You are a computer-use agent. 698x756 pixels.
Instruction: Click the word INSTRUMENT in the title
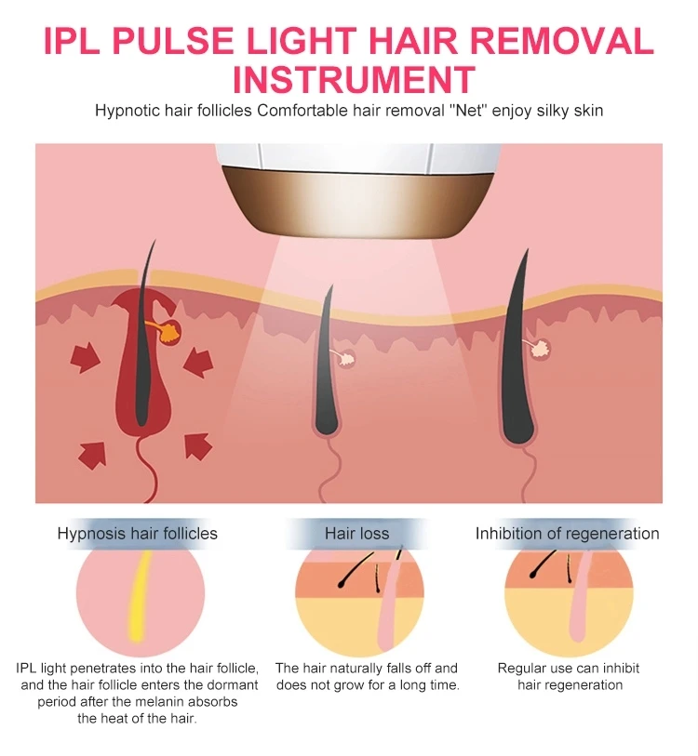tap(354, 80)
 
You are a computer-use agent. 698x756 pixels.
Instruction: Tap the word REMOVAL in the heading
tap(561, 41)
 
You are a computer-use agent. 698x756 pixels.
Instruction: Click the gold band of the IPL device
tap(358, 201)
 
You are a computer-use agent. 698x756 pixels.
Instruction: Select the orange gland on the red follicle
tap(169, 331)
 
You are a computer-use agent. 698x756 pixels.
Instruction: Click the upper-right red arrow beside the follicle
tap(199, 362)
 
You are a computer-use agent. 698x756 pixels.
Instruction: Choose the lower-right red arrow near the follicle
tap(198, 446)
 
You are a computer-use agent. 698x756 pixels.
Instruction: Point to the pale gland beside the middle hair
tap(345, 357)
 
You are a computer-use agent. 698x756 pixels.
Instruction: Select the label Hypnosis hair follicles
tap(138, 534)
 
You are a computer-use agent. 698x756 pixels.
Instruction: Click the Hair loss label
tap(356, 534)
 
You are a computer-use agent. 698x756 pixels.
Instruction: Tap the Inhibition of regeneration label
tap(567, 534)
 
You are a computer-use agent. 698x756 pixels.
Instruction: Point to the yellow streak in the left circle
tap(139, 595)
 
